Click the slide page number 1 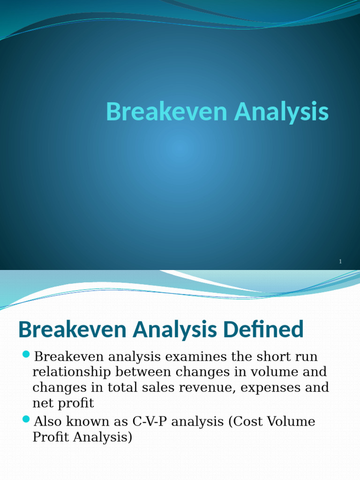340,262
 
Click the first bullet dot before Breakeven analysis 26,354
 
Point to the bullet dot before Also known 26,419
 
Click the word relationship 71,372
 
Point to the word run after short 307,358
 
